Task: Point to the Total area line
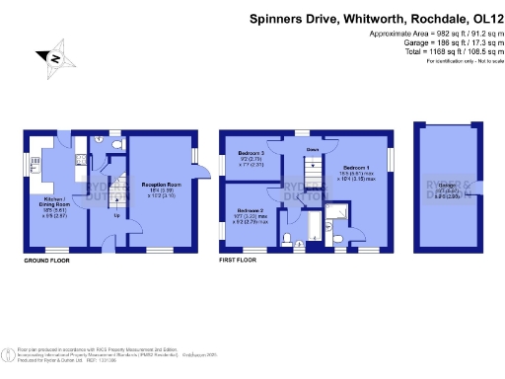tap(443, 52)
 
